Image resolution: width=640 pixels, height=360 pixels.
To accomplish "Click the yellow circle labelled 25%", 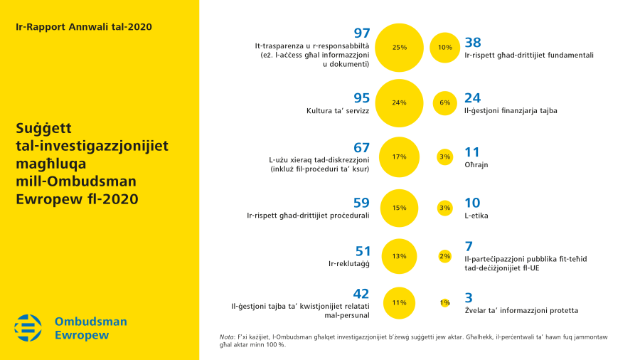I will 399,48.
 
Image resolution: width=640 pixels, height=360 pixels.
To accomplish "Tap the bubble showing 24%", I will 399,102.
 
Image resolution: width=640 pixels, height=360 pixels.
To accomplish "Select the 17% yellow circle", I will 399,157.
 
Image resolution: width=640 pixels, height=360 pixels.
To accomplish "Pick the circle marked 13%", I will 399,256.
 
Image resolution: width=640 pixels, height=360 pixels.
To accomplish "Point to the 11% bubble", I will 399,302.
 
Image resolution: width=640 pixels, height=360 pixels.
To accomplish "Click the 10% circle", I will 445,48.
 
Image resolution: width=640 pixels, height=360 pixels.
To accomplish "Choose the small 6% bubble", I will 445,102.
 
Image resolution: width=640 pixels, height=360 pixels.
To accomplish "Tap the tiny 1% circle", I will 445,302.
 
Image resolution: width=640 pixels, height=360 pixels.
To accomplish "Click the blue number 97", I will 362,33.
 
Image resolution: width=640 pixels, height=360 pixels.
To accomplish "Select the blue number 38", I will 473,42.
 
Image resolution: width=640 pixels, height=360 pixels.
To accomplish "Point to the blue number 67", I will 362,148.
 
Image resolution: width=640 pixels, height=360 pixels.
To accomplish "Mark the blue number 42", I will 362,294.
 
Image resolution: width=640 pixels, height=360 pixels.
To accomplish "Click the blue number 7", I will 468,246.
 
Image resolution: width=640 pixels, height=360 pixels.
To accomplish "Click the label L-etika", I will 476,215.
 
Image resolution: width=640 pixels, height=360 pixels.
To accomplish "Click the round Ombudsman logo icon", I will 28,328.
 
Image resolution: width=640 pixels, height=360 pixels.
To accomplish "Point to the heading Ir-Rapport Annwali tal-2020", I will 83,27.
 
